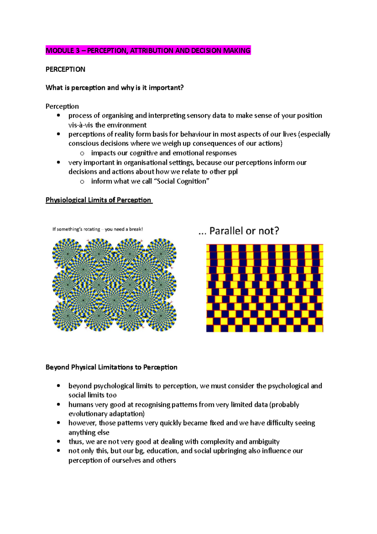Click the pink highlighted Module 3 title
(x=148, y=50)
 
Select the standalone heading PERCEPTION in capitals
(x=65, y=69)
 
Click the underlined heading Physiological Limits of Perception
(x=99, y=200)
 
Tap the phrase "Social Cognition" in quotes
(x=182, y=181)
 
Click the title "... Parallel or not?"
(x=239, y=231)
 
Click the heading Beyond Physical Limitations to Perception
(x=111, y=367)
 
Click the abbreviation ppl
(x=233, y=172)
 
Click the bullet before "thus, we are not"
(x=58, y=442)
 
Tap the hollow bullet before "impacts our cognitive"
(x=82, y=153)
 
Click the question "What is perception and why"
(x=114, y=87)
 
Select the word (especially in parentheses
(x=314, y=134)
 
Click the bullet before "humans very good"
(x=58, y=404)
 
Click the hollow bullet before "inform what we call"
(x=82, y=181)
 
